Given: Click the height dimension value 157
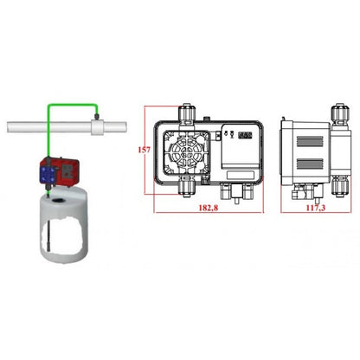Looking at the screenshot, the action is (144, 150).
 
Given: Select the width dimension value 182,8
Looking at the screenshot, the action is (209, 208).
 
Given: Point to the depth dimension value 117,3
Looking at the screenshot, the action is (316, 208).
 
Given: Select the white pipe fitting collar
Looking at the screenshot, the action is (97, 127).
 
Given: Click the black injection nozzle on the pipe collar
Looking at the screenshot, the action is (96, 116).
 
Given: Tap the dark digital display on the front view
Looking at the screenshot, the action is (245, 135).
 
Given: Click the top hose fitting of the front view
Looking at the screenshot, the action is (187, 113).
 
